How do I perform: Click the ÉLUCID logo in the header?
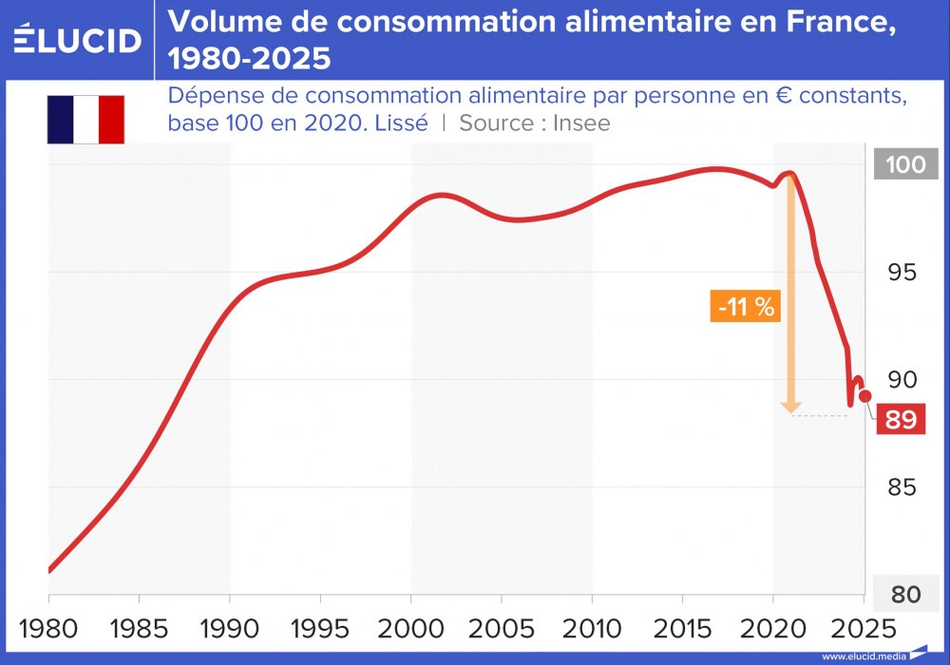click(78, 39)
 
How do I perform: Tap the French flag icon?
click(85, 119)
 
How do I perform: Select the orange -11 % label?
click(746, 307)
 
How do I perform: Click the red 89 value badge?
click(900, 419)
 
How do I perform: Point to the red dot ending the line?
click(865, 395)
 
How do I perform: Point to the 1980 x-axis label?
click(48, 629)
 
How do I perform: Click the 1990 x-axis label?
click(230, 629)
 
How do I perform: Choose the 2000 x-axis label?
click(411, 629)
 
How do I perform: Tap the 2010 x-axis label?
click(592, 629)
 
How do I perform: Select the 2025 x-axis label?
click(863, 629)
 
